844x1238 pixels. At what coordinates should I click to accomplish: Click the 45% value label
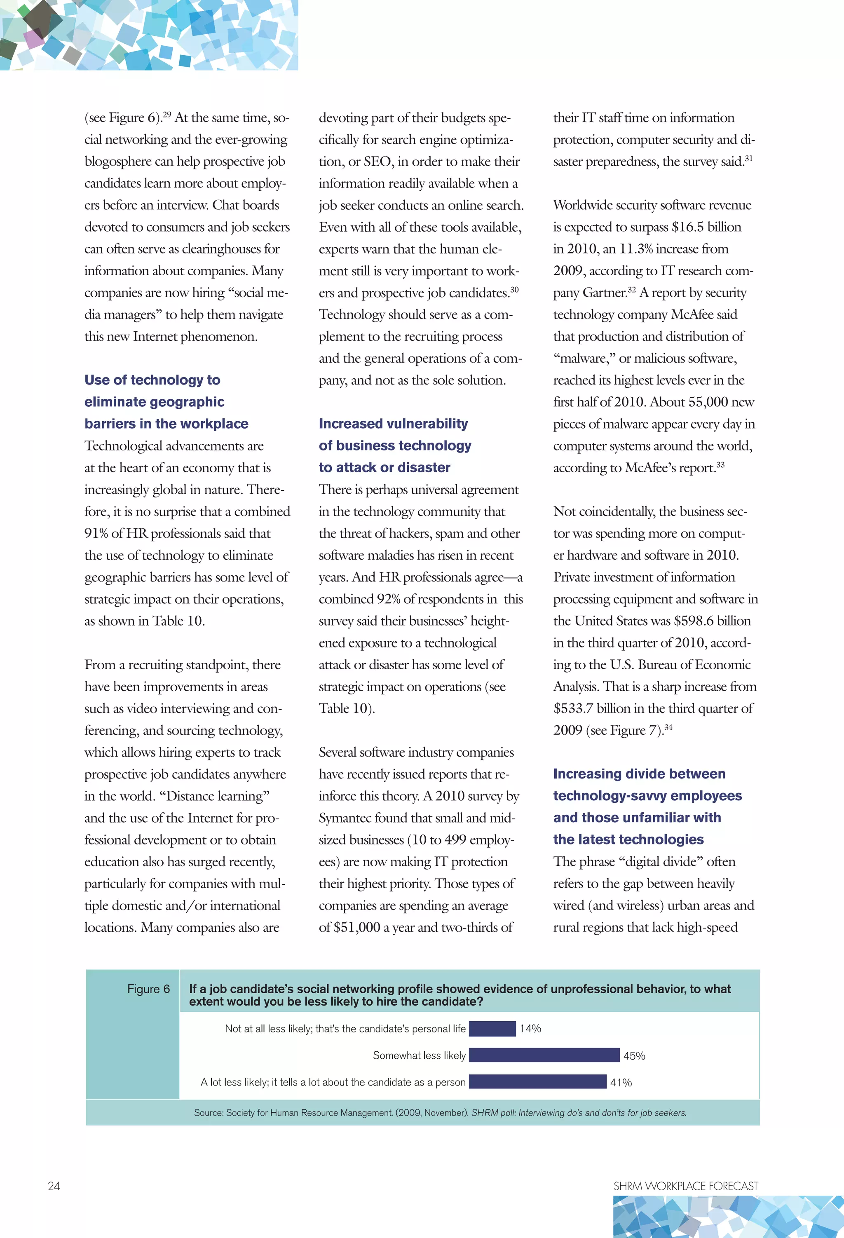[x=634, y=1056]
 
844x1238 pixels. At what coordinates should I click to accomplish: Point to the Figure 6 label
[x=148, y=989]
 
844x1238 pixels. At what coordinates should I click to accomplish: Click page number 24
[x=54, y=1186]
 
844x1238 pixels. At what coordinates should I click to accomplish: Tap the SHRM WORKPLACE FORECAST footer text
[x=685, y=1186]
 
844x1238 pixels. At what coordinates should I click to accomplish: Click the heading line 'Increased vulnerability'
[x=393, y=424]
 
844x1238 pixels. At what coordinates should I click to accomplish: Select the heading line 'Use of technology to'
[x=152, y=380]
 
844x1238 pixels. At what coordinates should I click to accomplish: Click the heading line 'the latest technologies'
[x=628, y=839]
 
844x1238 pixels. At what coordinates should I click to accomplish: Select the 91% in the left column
[x=96, y=533]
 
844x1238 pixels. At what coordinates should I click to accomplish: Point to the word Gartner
[x=604, y=293]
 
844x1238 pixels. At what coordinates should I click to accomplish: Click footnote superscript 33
[x=720, y=464]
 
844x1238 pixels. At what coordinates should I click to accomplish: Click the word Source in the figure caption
[x=207, y=1112]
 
